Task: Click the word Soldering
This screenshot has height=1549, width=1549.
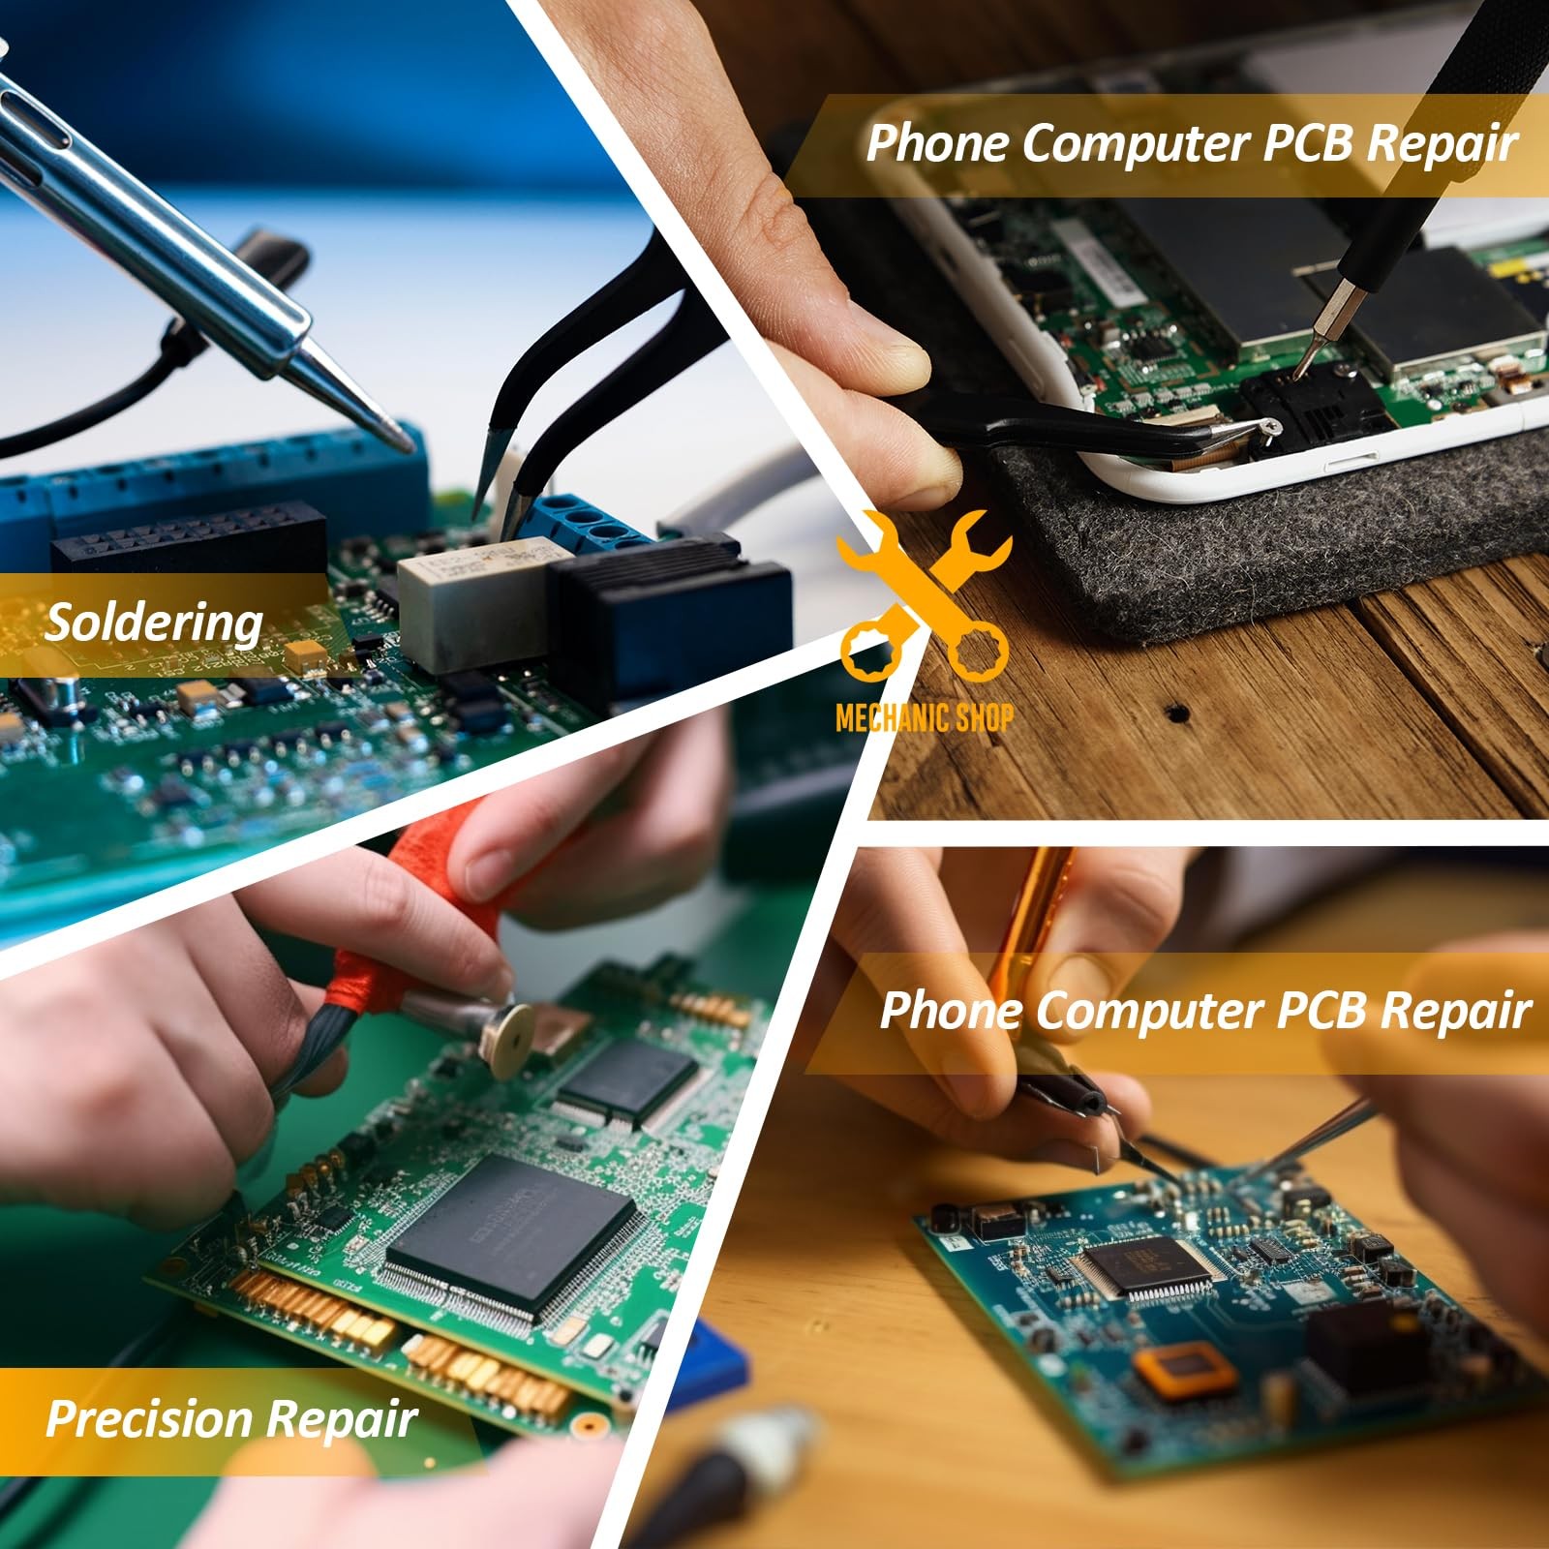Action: tap(154, 623)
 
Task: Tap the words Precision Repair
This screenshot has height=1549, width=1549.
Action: tap(231, 1419)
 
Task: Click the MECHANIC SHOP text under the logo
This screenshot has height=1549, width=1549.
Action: tap(925, 717)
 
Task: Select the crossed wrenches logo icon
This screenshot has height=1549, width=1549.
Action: tap(925, 594)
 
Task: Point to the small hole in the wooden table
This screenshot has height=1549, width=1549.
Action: tap(1177, 714)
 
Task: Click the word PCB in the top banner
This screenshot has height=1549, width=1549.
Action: tap(1311, 142)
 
